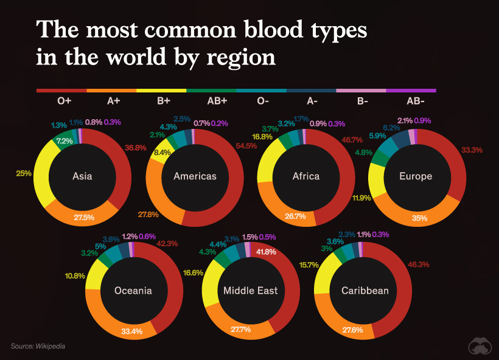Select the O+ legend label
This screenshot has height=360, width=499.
coord(65,102)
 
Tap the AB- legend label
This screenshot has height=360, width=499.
coord(416,102)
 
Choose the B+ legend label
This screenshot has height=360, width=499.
coord(163,102)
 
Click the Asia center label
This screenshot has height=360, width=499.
coord(82,176)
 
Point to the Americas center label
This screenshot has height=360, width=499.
coord(195,176)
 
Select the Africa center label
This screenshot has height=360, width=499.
coord(305,176)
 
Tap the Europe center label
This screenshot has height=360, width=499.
coord(416,176)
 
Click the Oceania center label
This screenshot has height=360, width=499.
coord(133,290)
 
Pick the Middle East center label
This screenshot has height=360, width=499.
coord(250,290)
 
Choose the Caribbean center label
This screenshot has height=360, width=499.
coord(365,290)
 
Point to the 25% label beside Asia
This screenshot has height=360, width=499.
coord(24,173)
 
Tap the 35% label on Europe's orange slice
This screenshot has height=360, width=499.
coord(419,217)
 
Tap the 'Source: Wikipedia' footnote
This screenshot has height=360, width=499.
coord(37,346)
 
